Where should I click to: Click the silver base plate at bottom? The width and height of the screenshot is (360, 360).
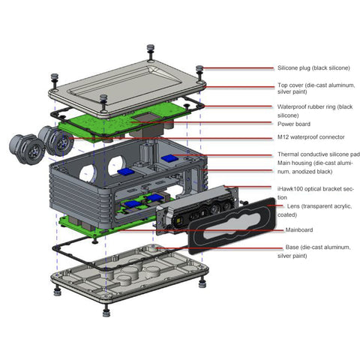click(127, 277)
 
